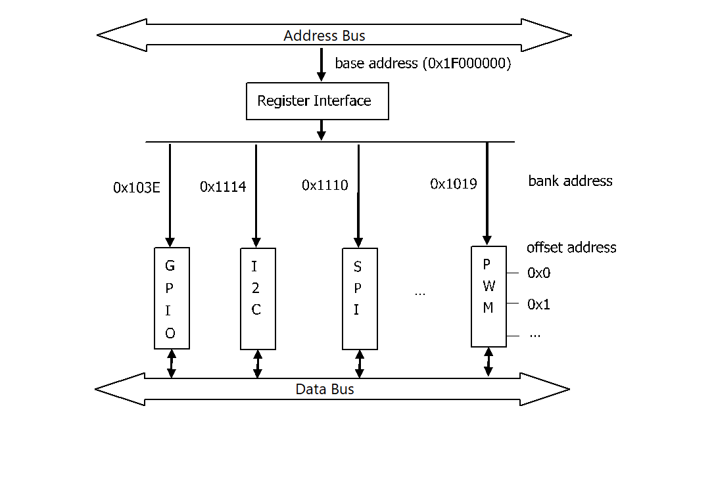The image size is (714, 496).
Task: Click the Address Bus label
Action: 324,35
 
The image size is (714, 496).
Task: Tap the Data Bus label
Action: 325,390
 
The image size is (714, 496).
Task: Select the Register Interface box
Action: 317,101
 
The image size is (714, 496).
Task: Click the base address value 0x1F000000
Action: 465,64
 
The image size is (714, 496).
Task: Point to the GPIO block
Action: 172,298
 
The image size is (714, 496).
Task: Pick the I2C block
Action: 257,298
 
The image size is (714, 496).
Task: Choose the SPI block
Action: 360,298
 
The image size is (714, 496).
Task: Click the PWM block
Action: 488,296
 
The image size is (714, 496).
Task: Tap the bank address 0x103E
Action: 136,187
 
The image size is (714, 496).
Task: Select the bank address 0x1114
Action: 223,187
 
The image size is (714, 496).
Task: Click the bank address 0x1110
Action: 325,185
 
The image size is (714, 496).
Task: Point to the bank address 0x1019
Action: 454,184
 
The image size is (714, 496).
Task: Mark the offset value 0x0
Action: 538,273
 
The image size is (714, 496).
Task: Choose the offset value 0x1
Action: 538,305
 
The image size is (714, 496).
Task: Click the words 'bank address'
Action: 570,181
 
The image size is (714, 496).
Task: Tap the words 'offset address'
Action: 571,248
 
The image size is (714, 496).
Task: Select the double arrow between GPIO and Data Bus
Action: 172,363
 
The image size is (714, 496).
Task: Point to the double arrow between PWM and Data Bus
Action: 488,362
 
